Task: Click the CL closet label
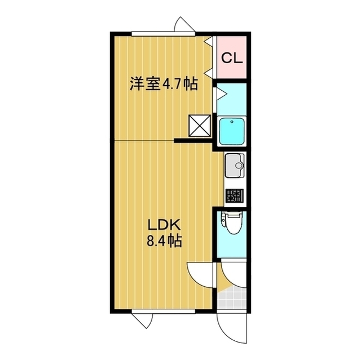(x=232, y=57)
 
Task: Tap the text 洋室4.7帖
(x=164, y=85)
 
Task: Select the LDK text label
(x=164, y=225)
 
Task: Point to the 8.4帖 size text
(x=164, y=242)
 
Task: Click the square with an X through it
(x=199, y=126)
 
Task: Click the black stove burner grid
(x=234, y=196)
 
